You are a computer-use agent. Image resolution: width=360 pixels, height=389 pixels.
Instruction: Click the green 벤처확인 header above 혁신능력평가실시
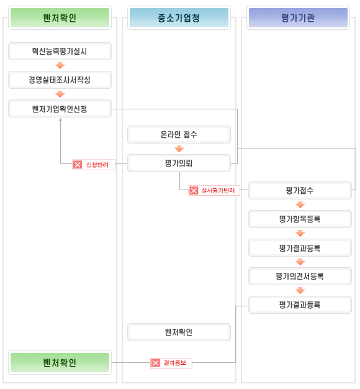[60, 17]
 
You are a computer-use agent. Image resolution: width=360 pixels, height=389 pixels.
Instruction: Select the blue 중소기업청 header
[179, 17]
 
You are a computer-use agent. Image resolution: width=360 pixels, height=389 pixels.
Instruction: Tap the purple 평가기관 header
[298, 17]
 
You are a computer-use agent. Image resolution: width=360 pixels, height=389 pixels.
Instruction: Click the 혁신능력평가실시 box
[60, 52]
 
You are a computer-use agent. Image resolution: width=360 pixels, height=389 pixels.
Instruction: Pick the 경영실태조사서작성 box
[60, 80]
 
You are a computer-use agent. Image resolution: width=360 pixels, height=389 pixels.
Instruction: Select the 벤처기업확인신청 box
[60, 109]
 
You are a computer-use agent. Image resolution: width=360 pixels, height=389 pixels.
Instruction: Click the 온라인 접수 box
[179, 134]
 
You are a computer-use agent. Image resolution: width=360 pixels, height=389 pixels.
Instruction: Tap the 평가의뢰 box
[179, 163]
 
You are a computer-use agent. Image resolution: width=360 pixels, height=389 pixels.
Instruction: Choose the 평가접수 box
[300, 190]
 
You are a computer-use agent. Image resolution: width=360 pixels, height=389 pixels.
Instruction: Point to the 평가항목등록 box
[300, 219]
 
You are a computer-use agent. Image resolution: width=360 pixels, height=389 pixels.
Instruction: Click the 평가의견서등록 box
[300, 276]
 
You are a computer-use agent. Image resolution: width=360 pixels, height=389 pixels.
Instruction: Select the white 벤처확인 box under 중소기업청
[179, 332]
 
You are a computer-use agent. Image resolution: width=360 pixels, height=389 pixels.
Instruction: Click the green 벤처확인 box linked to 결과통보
[60, 362]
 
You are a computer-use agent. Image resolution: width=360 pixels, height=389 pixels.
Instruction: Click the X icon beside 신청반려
[78, 165]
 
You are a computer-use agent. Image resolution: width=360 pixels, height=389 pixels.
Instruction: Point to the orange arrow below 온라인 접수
[179, 149]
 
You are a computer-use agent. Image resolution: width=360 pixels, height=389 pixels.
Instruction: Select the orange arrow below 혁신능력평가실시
[60, 65]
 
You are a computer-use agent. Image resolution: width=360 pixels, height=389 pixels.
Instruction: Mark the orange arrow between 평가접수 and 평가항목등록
[300, 204]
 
